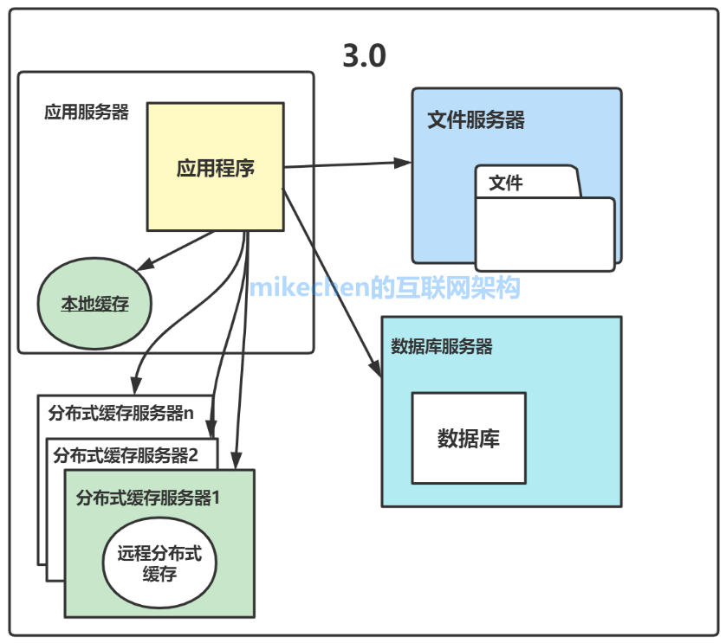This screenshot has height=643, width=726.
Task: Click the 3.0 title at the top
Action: pos(364,56)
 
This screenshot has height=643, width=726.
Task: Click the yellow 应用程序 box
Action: pos(215,167)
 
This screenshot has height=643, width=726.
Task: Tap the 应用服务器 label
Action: pos(87,113)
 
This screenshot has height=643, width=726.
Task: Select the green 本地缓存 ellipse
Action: pos(94,304)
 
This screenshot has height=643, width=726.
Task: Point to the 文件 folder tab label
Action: pos(506,183)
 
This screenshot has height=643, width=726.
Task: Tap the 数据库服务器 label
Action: pos(442,347)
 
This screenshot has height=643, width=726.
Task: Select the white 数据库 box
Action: pos(468,438)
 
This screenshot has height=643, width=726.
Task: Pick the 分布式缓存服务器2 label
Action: pos(126,454)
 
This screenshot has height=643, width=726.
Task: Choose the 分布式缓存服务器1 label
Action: pos(152,498)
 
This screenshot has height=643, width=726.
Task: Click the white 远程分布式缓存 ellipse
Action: pos(159,563)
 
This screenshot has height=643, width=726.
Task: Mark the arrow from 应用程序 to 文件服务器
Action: pos(347,164)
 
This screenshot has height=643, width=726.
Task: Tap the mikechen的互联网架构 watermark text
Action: pos(385,287)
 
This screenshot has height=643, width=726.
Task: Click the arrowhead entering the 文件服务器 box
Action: pos(403,162)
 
